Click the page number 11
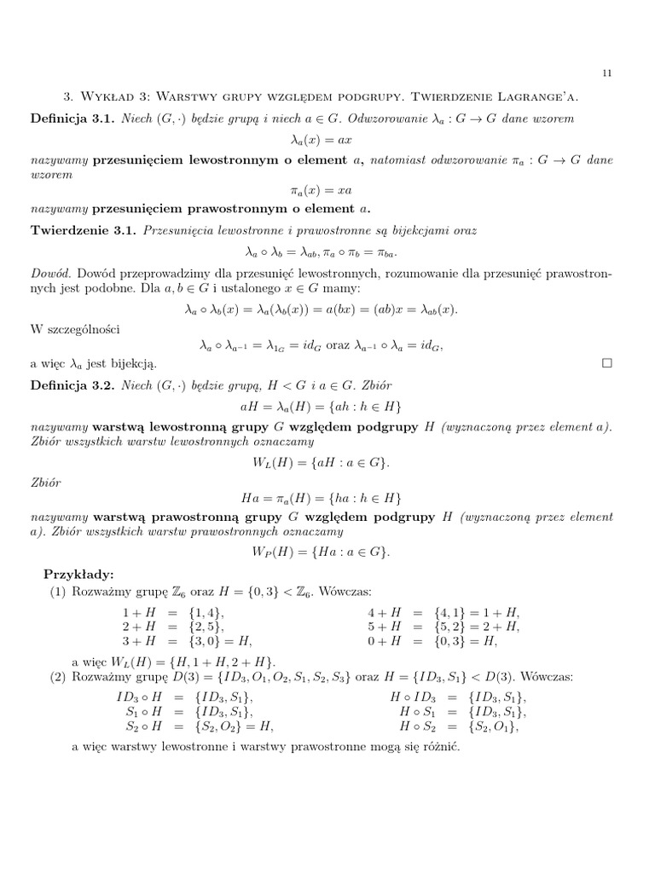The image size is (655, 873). click(606, 73)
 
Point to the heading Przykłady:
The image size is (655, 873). click(78, 574)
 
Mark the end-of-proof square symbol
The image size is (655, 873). click(607, 363)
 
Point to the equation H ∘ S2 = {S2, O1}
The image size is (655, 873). click(459, 726)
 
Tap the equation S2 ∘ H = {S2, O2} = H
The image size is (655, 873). click(195, 726)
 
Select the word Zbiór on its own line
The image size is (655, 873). click(47, 482)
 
